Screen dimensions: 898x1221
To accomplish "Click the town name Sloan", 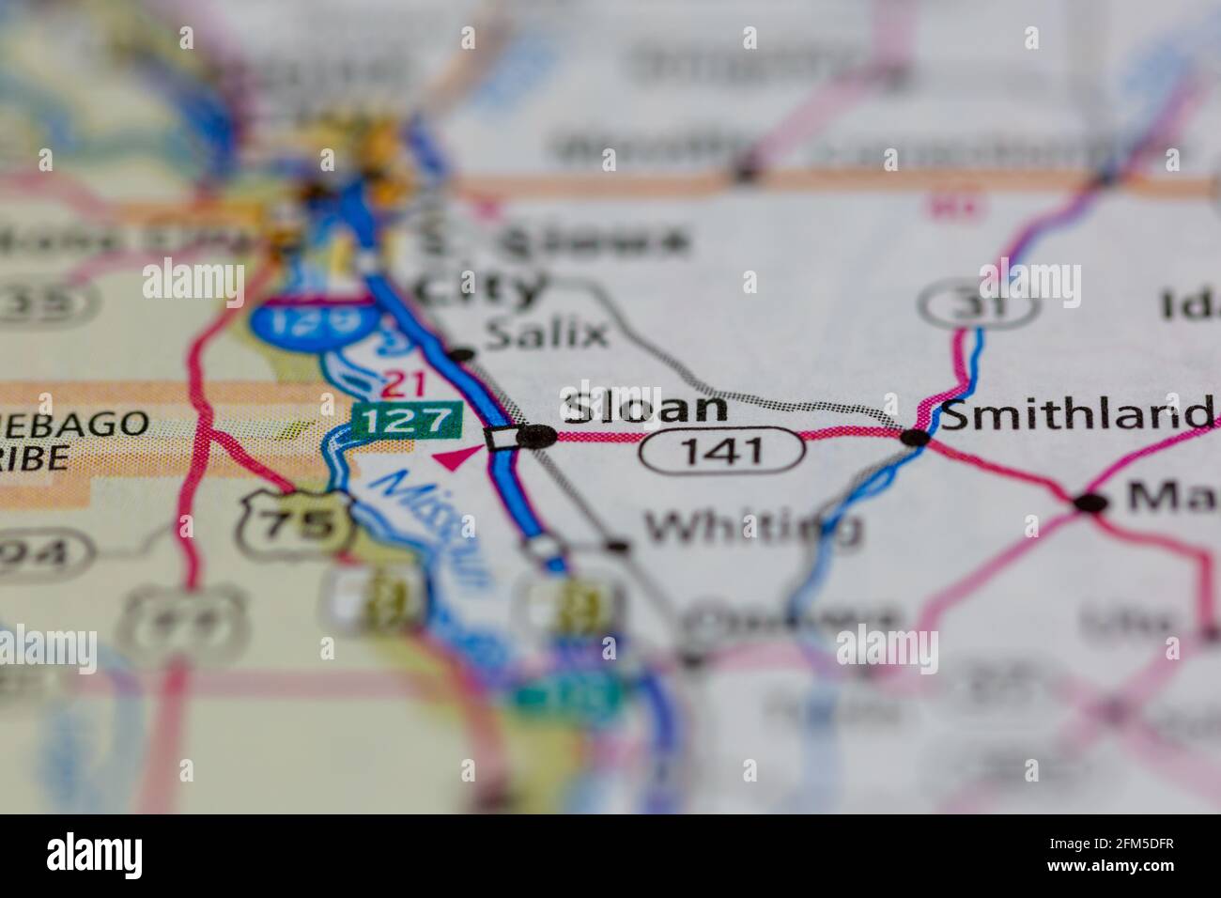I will [644, 408].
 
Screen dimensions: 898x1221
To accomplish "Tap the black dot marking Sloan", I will [538, 436].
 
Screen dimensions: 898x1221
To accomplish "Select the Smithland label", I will [1074, 414].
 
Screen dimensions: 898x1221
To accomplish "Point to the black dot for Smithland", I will [915, 437].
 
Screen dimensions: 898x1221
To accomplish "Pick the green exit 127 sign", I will [408, 420].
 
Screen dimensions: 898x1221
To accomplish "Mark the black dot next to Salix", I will [461, 355].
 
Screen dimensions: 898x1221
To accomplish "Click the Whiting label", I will [752, 528].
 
